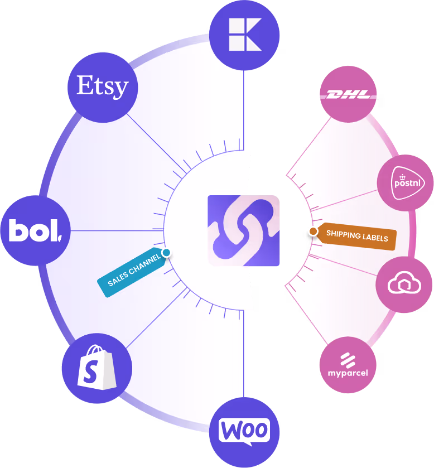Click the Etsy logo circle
102,86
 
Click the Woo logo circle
244,431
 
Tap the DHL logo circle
348,95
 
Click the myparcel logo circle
348,365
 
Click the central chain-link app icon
244,230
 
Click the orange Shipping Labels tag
355,237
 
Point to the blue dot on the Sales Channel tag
166,253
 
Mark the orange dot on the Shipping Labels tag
314,231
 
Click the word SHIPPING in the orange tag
343,234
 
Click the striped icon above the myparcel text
348,358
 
